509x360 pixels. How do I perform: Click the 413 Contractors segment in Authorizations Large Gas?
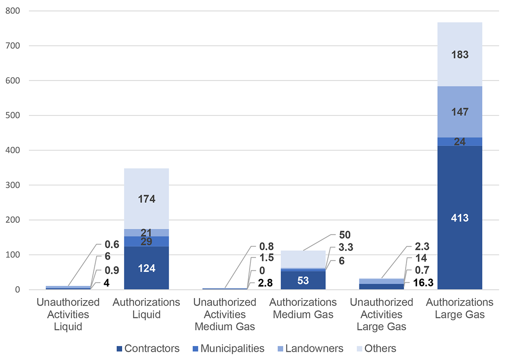460,218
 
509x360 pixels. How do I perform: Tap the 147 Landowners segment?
460,112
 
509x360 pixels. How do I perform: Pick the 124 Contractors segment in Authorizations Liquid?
146,268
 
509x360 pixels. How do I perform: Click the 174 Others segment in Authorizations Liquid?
146,198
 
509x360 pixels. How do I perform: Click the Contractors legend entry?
148,349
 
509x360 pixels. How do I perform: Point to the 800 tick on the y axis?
13,11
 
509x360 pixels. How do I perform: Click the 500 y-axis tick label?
13,115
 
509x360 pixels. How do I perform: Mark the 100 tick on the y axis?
13,255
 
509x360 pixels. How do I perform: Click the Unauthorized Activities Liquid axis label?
68,315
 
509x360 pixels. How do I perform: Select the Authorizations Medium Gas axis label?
303,309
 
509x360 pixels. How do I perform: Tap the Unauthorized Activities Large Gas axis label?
381,315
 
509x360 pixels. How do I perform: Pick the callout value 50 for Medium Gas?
344,235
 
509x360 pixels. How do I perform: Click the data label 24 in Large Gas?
460,142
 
